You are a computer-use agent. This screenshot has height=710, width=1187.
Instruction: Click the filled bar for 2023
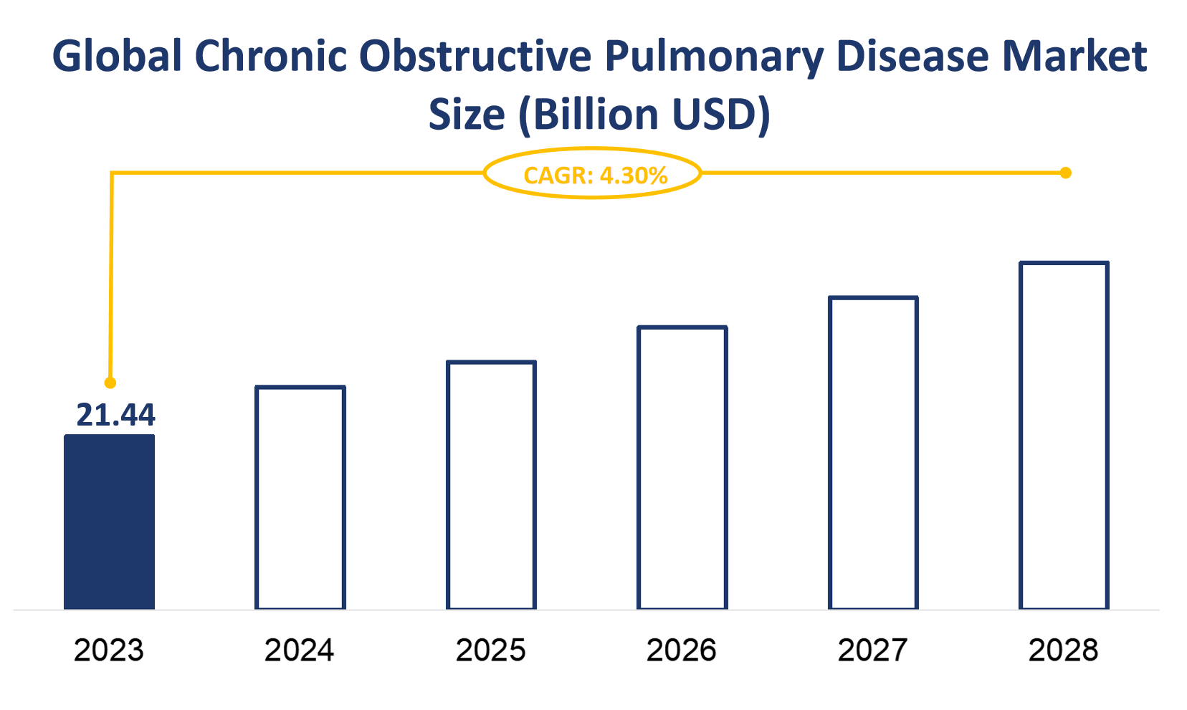[109, 522]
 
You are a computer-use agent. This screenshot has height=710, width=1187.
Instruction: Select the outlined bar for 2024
[300, 498]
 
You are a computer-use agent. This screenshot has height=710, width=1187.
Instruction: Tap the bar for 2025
[491, 485]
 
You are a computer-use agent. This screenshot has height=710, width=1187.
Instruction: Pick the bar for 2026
[682, 468]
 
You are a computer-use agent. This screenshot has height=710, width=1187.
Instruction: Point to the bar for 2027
[873, 453]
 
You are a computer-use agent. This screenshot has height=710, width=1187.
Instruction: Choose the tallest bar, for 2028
[1064, 436]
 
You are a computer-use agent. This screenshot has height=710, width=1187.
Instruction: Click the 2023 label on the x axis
[109, 651]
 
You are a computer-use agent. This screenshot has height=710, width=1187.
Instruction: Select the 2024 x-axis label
[300, 651]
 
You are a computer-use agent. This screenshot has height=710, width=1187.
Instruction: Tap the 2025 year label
[491, 651]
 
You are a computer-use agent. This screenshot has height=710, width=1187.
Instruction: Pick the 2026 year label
[682, 651]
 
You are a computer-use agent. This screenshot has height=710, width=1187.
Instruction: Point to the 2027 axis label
[873, 651]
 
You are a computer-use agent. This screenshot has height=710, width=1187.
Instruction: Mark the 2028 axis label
[1064, 651]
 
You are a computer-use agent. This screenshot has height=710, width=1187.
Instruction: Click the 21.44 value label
[115, 416]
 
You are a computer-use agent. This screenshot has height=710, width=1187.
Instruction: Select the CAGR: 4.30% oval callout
[593, 173]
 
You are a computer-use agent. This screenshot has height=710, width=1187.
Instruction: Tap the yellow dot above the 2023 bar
[110, 383]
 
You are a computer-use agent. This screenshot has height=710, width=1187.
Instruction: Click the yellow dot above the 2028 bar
[1066, 173]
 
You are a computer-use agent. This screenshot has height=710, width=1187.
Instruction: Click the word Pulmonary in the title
[714, 57]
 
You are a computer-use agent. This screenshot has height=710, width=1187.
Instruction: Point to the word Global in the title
[117, 56]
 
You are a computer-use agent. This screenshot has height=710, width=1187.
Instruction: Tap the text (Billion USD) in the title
[644, 115]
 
